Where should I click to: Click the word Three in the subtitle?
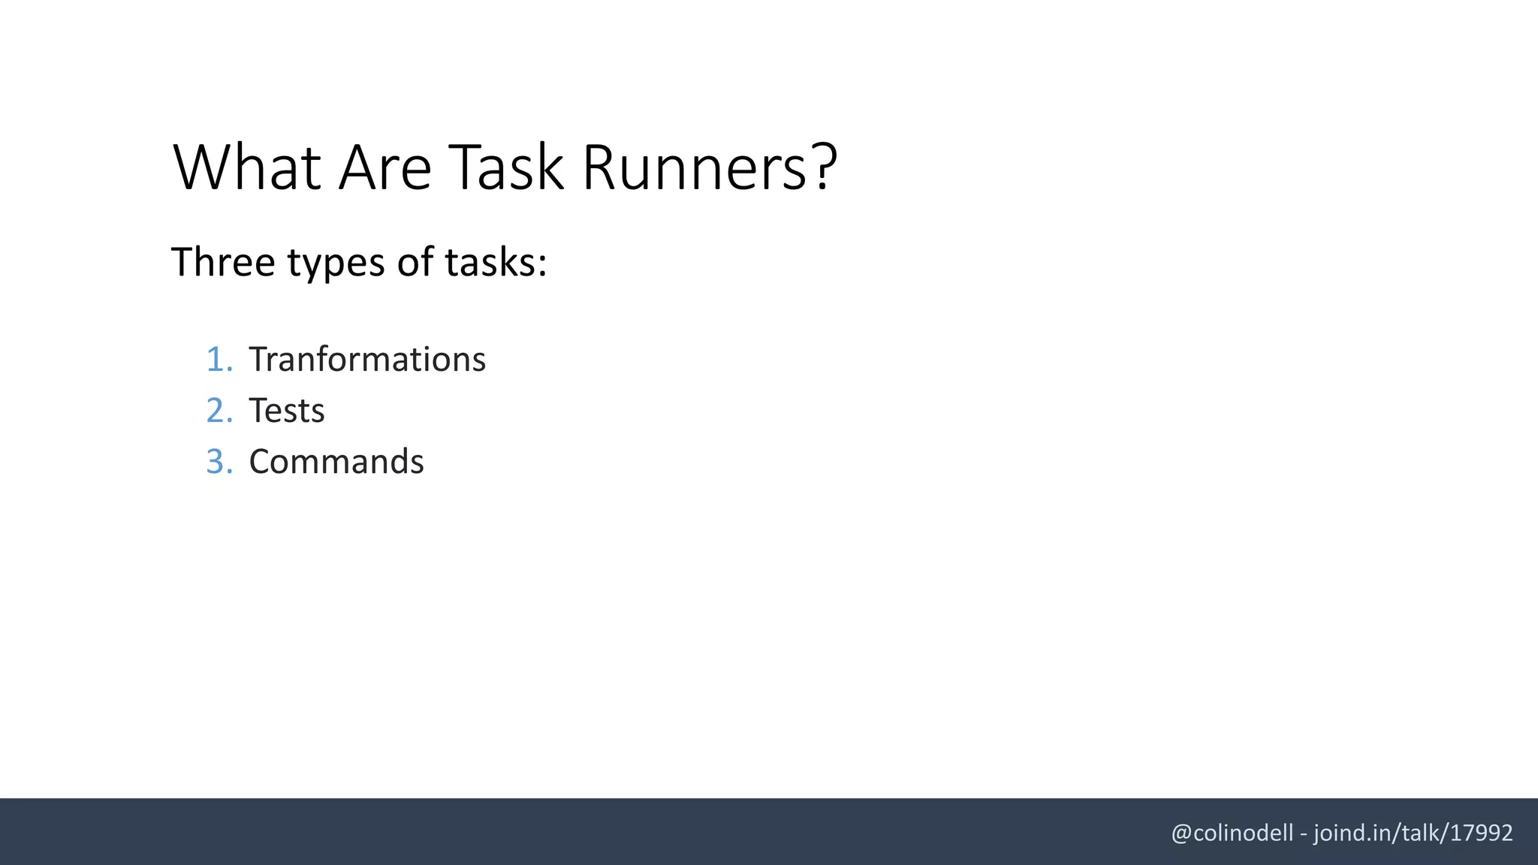(223, 262)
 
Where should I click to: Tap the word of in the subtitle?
(415, 262)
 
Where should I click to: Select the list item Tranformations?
(367, 360)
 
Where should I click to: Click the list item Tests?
(286, 411)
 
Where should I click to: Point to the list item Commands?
(336, 462)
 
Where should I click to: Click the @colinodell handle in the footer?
(1232, 833)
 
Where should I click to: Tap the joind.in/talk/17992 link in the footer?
(1413, 833)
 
